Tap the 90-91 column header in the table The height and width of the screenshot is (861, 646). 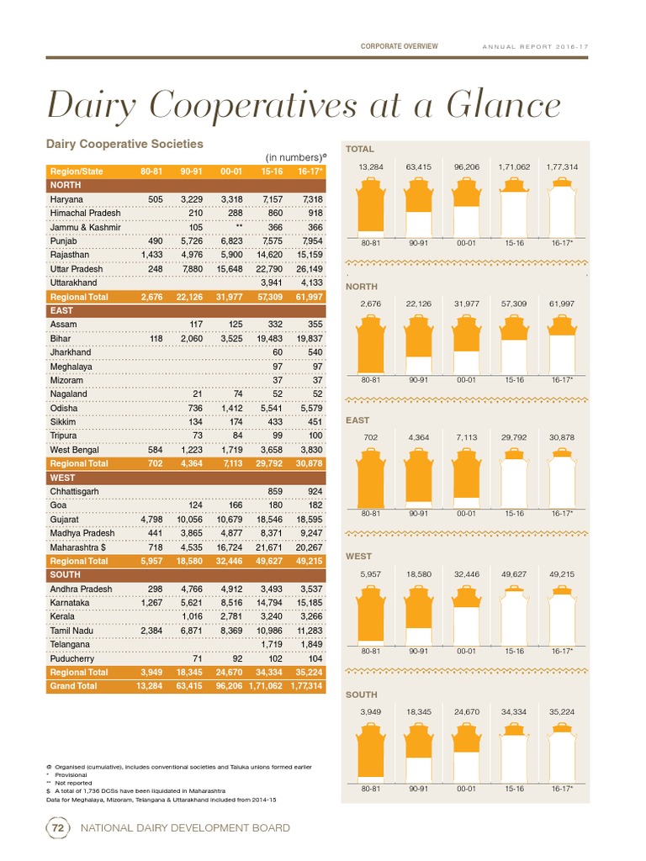[191, 172]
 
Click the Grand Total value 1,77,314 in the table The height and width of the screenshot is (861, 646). [304, 686]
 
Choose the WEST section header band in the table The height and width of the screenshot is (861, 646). [185, 478]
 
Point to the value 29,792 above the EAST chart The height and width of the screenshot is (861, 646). [515, 438]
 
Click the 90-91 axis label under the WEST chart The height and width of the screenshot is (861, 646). [419, 651]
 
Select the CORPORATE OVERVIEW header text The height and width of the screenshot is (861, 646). [399, 46]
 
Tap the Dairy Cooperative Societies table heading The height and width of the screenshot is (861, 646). [124, 145]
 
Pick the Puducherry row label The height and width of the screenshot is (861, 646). [77, 658]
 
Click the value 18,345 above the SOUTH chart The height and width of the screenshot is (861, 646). [419, 711]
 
